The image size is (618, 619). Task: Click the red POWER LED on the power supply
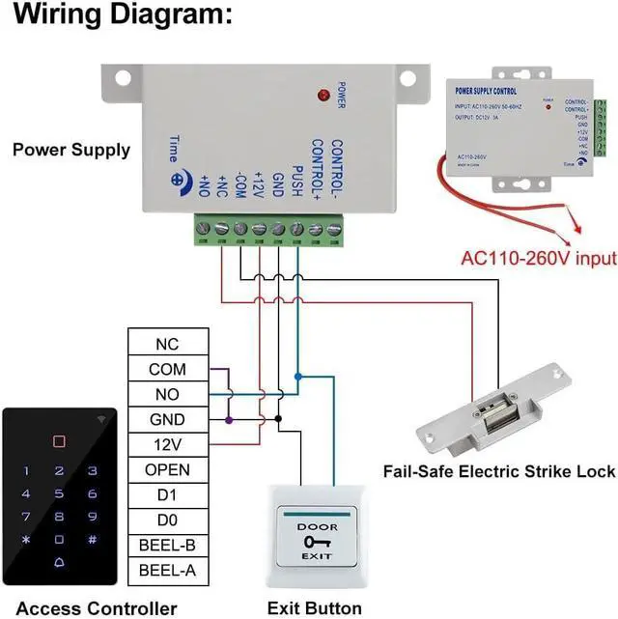tap(323, 95)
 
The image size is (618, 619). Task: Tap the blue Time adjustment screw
tap(178, 179)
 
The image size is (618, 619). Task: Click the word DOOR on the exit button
tap(316, 526)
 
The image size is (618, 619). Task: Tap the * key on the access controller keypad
tap(27, 540)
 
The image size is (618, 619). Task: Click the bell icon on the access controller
tap(60, 563)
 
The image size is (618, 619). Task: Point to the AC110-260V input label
tap(539, 259)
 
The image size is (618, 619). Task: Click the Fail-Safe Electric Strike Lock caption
tap(498, 471)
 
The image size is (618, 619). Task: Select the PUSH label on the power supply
tap(297, 182)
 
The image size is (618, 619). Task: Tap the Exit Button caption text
tap(315, 608)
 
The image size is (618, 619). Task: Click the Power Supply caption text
tap(70, 150)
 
